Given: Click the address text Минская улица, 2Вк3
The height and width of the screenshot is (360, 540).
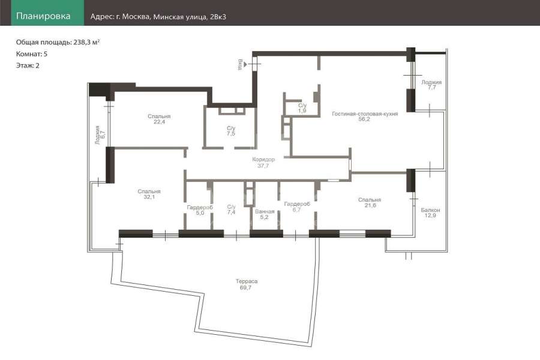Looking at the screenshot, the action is click(x=190, y=17).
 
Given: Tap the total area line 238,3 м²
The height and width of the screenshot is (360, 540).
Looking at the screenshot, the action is click(x=58, y=43).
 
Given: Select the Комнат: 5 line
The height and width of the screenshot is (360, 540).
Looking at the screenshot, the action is click(x=32, y=54).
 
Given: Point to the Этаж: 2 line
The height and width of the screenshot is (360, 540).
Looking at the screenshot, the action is click(x=28, y=65).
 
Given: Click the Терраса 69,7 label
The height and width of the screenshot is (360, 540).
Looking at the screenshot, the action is click(x=246, y=284).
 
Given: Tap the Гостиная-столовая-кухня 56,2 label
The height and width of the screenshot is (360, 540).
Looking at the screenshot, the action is click(x=365, y=116).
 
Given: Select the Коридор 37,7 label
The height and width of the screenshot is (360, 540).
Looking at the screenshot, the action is click(x=263, y=162).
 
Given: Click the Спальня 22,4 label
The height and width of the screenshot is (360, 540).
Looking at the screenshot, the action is click(x=159, y=119).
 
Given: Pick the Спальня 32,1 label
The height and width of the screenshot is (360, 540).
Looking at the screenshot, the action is click(x=149, y=194).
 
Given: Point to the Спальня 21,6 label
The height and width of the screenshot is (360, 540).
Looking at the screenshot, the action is click(x=370, y=202).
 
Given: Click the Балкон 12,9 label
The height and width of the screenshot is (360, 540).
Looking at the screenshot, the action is click(x=430, y=212).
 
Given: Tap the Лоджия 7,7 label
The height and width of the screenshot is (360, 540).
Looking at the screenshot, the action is click(x=431, y=85).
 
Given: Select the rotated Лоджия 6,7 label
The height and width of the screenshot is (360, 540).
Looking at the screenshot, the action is click(x=100, y=134).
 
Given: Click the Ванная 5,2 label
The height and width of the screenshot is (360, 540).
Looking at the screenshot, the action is click(x=265, y=214).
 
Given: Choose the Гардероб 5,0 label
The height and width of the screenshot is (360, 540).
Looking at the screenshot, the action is click(x=200, y=210).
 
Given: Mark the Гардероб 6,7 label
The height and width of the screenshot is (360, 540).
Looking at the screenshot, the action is click(x=297, y=206).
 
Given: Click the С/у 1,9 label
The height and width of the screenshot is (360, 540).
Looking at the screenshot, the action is click(x=302, y=108).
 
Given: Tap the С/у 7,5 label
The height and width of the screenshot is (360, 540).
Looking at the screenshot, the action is click(x=231, y=131).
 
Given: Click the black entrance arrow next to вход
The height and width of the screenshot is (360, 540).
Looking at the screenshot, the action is click(x=245, y=64).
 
